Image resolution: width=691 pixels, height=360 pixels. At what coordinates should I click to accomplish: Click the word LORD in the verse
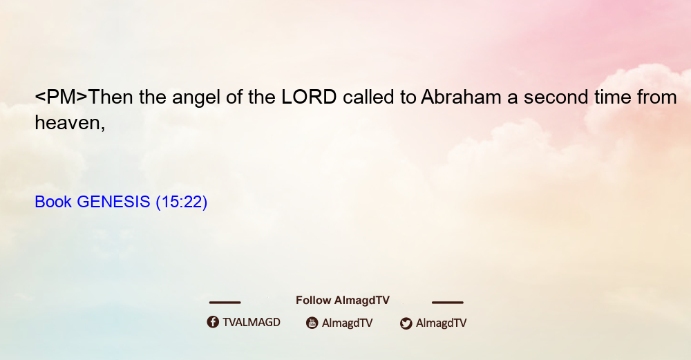(309, 97)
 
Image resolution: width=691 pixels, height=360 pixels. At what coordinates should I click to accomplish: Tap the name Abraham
(461, 97)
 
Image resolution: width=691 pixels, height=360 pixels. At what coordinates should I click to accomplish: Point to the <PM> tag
(61, 97)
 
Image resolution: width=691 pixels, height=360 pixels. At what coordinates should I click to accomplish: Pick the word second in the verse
(556, 97)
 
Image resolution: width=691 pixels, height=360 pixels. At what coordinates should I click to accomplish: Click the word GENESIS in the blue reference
(114, 202)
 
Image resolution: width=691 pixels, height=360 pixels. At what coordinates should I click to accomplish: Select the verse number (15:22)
(182, 202)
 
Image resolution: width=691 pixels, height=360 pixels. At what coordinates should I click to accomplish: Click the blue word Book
(53, 202)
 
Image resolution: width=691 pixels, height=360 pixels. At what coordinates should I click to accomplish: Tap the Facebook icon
(213, 322)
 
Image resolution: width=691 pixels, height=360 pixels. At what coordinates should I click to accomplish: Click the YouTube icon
(312, 323)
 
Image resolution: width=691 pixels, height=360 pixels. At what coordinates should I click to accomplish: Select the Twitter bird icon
(406, 323)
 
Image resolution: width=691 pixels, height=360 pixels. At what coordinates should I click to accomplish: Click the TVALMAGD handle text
(252, 323)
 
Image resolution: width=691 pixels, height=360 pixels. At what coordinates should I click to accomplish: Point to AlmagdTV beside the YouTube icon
(348, 323)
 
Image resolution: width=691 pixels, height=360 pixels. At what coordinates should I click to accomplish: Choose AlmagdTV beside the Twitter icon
(441, 323)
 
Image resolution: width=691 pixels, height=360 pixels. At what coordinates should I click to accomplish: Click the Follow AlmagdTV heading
(343, 301)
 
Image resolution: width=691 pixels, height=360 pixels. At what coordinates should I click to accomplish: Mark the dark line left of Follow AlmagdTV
(225, 303)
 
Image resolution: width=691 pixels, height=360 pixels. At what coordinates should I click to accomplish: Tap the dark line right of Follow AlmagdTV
(448, 303)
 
